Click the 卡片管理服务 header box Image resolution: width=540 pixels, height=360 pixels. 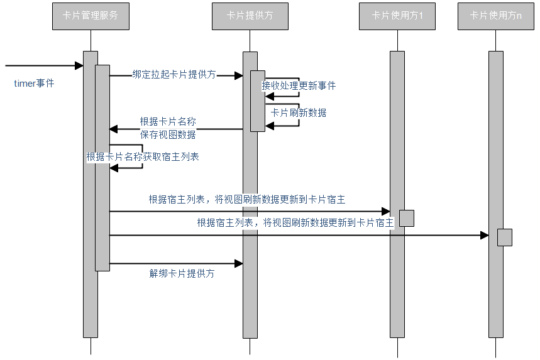click(x=91, y=16)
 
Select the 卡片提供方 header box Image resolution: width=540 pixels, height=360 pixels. click(x=250, y=16)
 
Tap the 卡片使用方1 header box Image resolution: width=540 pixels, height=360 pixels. click(x=397, y=16)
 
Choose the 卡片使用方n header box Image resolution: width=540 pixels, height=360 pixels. click(x=496, y=16)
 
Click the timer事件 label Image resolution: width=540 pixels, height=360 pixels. click(x=34, y=83)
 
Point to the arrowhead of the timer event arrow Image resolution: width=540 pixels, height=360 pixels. click(x=79, y=65)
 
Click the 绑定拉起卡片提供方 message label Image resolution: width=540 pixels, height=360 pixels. click(x=174, y=74)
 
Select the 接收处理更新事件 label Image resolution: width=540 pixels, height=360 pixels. click(x=299, y=86)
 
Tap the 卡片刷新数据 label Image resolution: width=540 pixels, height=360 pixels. click(x=299, y=113)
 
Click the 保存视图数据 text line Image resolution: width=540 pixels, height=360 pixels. click(x=168, y=134)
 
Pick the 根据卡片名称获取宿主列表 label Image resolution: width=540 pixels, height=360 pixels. click(x=143, y=157)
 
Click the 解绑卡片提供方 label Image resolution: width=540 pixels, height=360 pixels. click(x=182, y=274)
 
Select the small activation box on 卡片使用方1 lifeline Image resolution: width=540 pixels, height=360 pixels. click(x=407, y=218)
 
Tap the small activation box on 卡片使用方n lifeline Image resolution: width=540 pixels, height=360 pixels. click(x=505, y=237)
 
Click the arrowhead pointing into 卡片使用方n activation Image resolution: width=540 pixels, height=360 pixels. click(x=485, y=235)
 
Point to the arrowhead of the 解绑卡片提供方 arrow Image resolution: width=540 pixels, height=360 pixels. click(x=239, y=263)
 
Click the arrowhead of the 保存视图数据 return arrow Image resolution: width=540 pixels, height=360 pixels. click(x=114, y=129)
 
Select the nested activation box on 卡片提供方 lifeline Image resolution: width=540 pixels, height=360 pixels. click(x=258, y=101)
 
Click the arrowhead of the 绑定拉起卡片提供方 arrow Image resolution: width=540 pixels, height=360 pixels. click(x=239, y=75)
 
